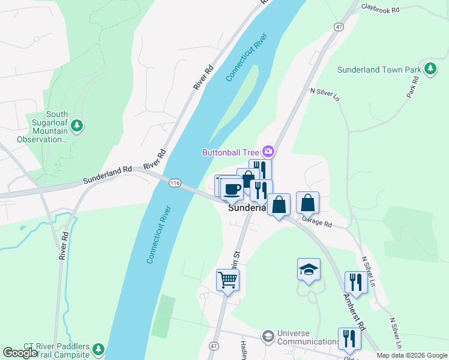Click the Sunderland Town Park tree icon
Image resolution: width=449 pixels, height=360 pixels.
430,70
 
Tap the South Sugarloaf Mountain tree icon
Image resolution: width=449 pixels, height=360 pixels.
76,126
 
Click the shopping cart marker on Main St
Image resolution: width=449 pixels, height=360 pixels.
228,279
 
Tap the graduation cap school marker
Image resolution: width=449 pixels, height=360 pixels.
309,269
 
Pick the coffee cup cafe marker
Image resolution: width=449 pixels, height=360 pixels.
232,189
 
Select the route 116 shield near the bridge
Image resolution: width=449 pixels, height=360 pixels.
175,182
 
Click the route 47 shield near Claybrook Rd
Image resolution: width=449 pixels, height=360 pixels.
339,27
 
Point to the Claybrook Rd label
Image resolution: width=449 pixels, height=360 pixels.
382,8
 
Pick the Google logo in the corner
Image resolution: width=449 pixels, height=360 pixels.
20,352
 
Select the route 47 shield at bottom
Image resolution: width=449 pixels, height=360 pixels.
214,347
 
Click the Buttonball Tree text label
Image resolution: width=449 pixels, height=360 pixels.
231,152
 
